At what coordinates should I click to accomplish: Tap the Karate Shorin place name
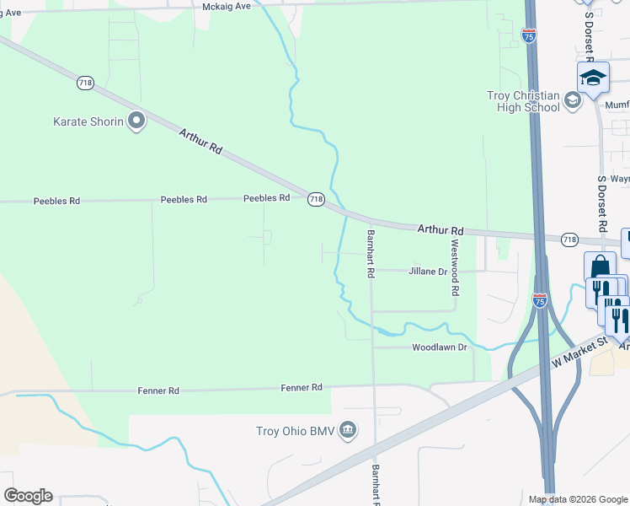pyautogui.click(x=88, y=121)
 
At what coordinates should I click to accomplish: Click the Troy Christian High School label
pyautogui.click(x=523, y=101)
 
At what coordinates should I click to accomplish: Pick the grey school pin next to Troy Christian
pyautogui.click(x=573, y=101)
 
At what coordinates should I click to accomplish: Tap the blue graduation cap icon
pyautogui.click(x=593, y=78)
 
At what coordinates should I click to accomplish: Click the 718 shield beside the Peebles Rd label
pyautogui.click(x=315, y=199)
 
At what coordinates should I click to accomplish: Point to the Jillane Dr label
pyautogui.click(x=428, y=272)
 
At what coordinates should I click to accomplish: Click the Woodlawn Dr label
pyautogui.click(x=439, y=347)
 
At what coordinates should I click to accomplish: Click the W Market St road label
pyautogui.click(x=579, y=352)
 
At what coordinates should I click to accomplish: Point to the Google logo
pyautogui.click(x=28, y=496)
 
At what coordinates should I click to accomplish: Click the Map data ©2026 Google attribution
pyautogui.click(x=578, y=499)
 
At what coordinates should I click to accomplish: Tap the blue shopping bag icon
pyautogui.click(x=599, y=267)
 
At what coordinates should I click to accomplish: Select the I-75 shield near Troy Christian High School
pyautogui.click(x=528, y=36)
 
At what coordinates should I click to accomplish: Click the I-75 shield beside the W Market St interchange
pyautogui.click(x=540, y=299)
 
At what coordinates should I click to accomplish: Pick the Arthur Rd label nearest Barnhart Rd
pyautogui.click(x=441, y=230)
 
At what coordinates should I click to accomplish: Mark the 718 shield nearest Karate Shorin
pyautogui.click(x=84, y=83)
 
